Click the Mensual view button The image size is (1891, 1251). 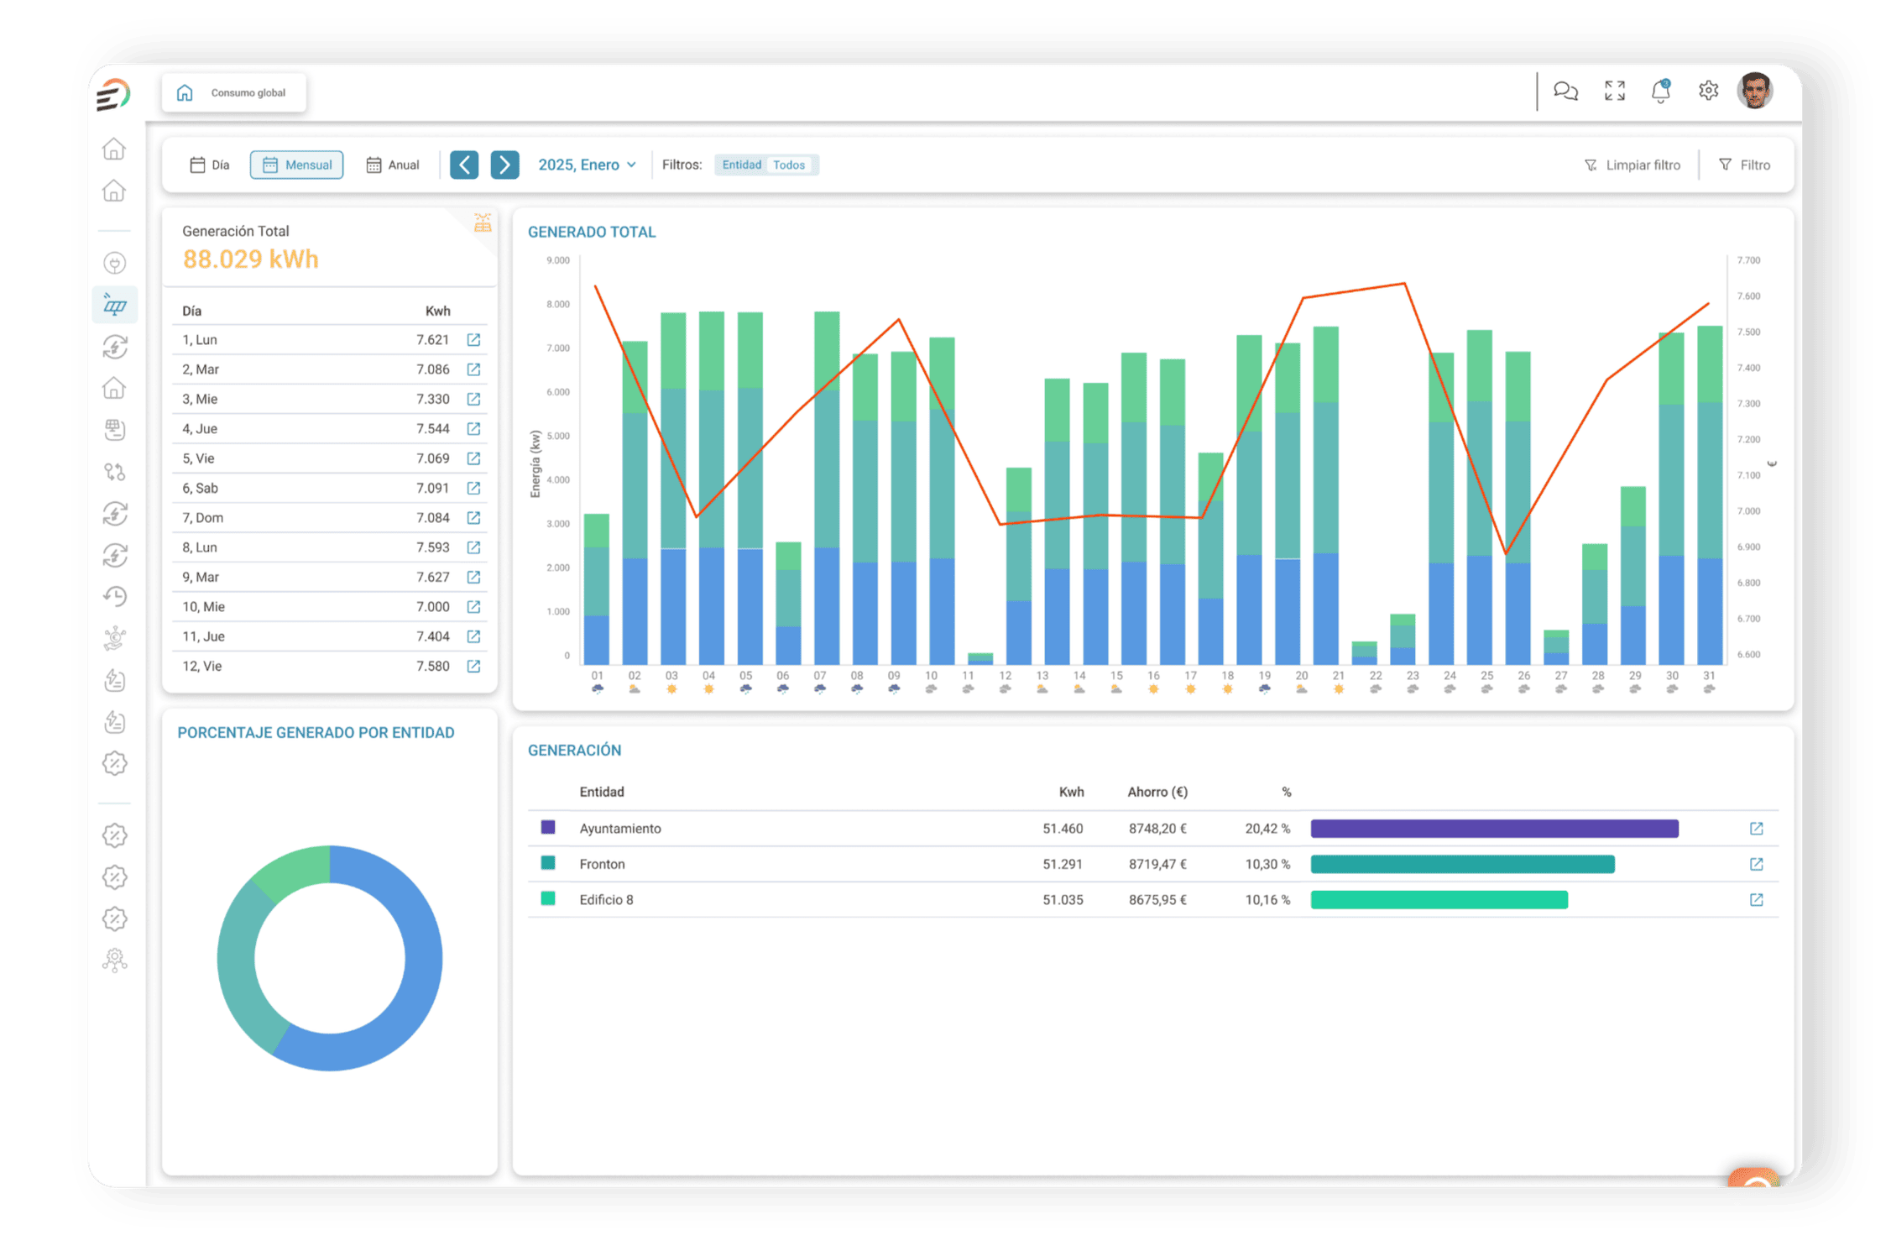pyautogui.click(x=296, y=165)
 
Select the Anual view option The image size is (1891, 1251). pyautogui.click(x=392, y=165)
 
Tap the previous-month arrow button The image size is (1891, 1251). pyautogui.click(x=464, y=165)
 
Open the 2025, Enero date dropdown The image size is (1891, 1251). pyautogui.click(x=587, y=165)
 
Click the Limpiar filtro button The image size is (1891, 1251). pyautogui.click(x=1632, y=165)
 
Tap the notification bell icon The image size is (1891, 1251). pyautogui.click(x=1660, y=91)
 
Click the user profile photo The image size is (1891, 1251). pyautogui.click(x=1755, y=91)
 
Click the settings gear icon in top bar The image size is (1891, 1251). pyautogui.click(x=1708, y=91)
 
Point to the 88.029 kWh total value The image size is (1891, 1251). pyautogui.click(x=251, y=259)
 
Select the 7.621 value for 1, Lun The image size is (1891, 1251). pyautogui.click(x=433, y=340)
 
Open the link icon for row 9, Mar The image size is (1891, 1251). pyautogui.click(x=473, y=577)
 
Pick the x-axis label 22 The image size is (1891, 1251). pyautogui.click(x=1375, y=675)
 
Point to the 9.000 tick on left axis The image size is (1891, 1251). pyautogui.click(x=558, y=260)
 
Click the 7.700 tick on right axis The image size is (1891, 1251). pyautogui.click(x=1748, y=260)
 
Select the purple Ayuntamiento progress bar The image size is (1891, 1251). pyautogui.click(x=1494, y=829)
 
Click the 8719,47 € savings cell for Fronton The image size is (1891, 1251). pyautogui.click(x=1157, y=864)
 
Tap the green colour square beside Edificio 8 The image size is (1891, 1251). pyautogui.click(x=548, y=899)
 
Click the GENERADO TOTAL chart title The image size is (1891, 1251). pyautogui.click(x=592, y=232)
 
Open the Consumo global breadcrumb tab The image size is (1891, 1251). pyautogui.click(x=234, y=92)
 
